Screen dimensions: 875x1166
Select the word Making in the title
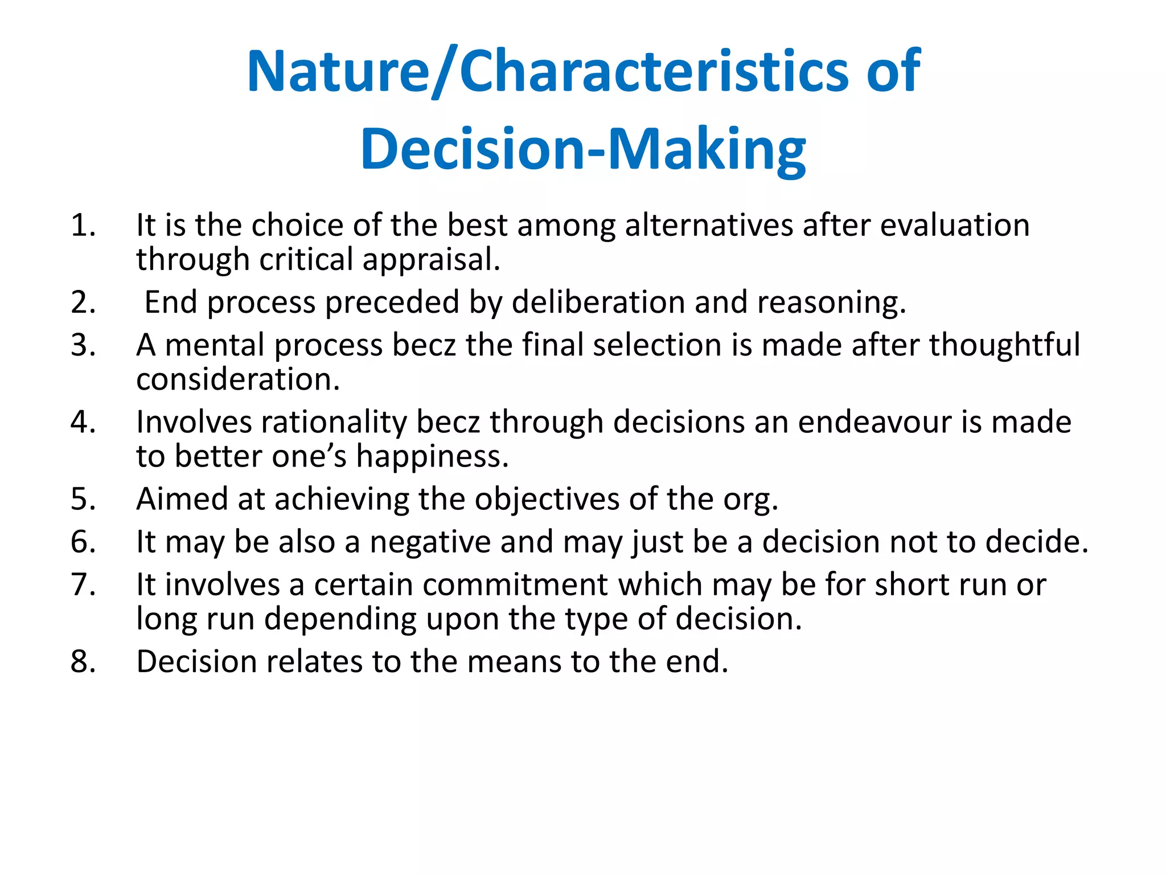click(x=707, y=149)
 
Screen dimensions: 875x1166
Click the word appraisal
click(x=431, y=260)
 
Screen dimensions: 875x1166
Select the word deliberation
click(x=598, y=302)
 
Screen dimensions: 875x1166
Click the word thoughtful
click(x=1004, y=345)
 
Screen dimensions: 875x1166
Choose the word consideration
click(x=237, y=379)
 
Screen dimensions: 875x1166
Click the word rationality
click(x=334, y=422)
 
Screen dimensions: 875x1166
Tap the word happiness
click(x=432, y=457)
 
